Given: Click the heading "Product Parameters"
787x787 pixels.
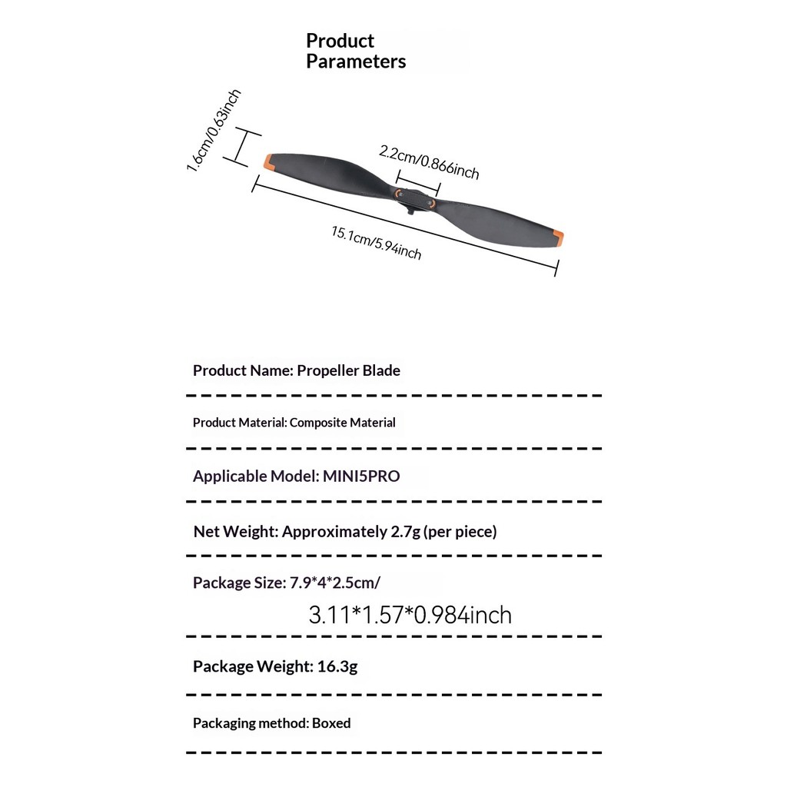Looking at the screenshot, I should pyautogui.click(x=355, y=51).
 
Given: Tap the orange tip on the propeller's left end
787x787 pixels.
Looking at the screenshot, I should pyautogui.click(x=269, y=161).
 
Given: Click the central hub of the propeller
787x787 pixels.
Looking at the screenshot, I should pyautogui.click(x=415, y=201).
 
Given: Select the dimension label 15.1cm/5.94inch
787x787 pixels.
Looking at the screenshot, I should pyautogui.click(x=377, y=243).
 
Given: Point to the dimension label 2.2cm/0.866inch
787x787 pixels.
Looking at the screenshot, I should pyautogui.click(x=429, y=161).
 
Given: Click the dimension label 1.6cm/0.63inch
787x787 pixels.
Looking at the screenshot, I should pyautogui.click(x=214, y=131).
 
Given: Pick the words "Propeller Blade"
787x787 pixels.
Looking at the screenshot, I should pyautogui.click(x=348, y=370).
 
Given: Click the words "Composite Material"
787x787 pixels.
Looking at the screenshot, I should pyautogui.click(x=343, y=423).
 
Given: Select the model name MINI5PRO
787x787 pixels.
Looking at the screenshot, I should pyautogui.click(x=361, y=477).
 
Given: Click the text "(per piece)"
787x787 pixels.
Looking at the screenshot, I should pyautogui.click(x=460, y=531).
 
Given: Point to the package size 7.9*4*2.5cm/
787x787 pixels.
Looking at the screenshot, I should pyautogui.click(x=334, y=583).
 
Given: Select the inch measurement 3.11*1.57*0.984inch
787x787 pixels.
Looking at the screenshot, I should pyautogui.click(x=410, y=615).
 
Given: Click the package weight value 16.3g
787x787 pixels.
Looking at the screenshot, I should pyautogui.click(x=337, y=666).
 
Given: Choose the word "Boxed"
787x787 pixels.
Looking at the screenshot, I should pyautogui.click(x=331, y=723).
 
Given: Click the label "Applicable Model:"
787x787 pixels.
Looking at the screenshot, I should pyautogui.click(x=255, y=477).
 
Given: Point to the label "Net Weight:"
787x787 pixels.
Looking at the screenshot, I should pyautogui.click(x=235, y=531).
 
